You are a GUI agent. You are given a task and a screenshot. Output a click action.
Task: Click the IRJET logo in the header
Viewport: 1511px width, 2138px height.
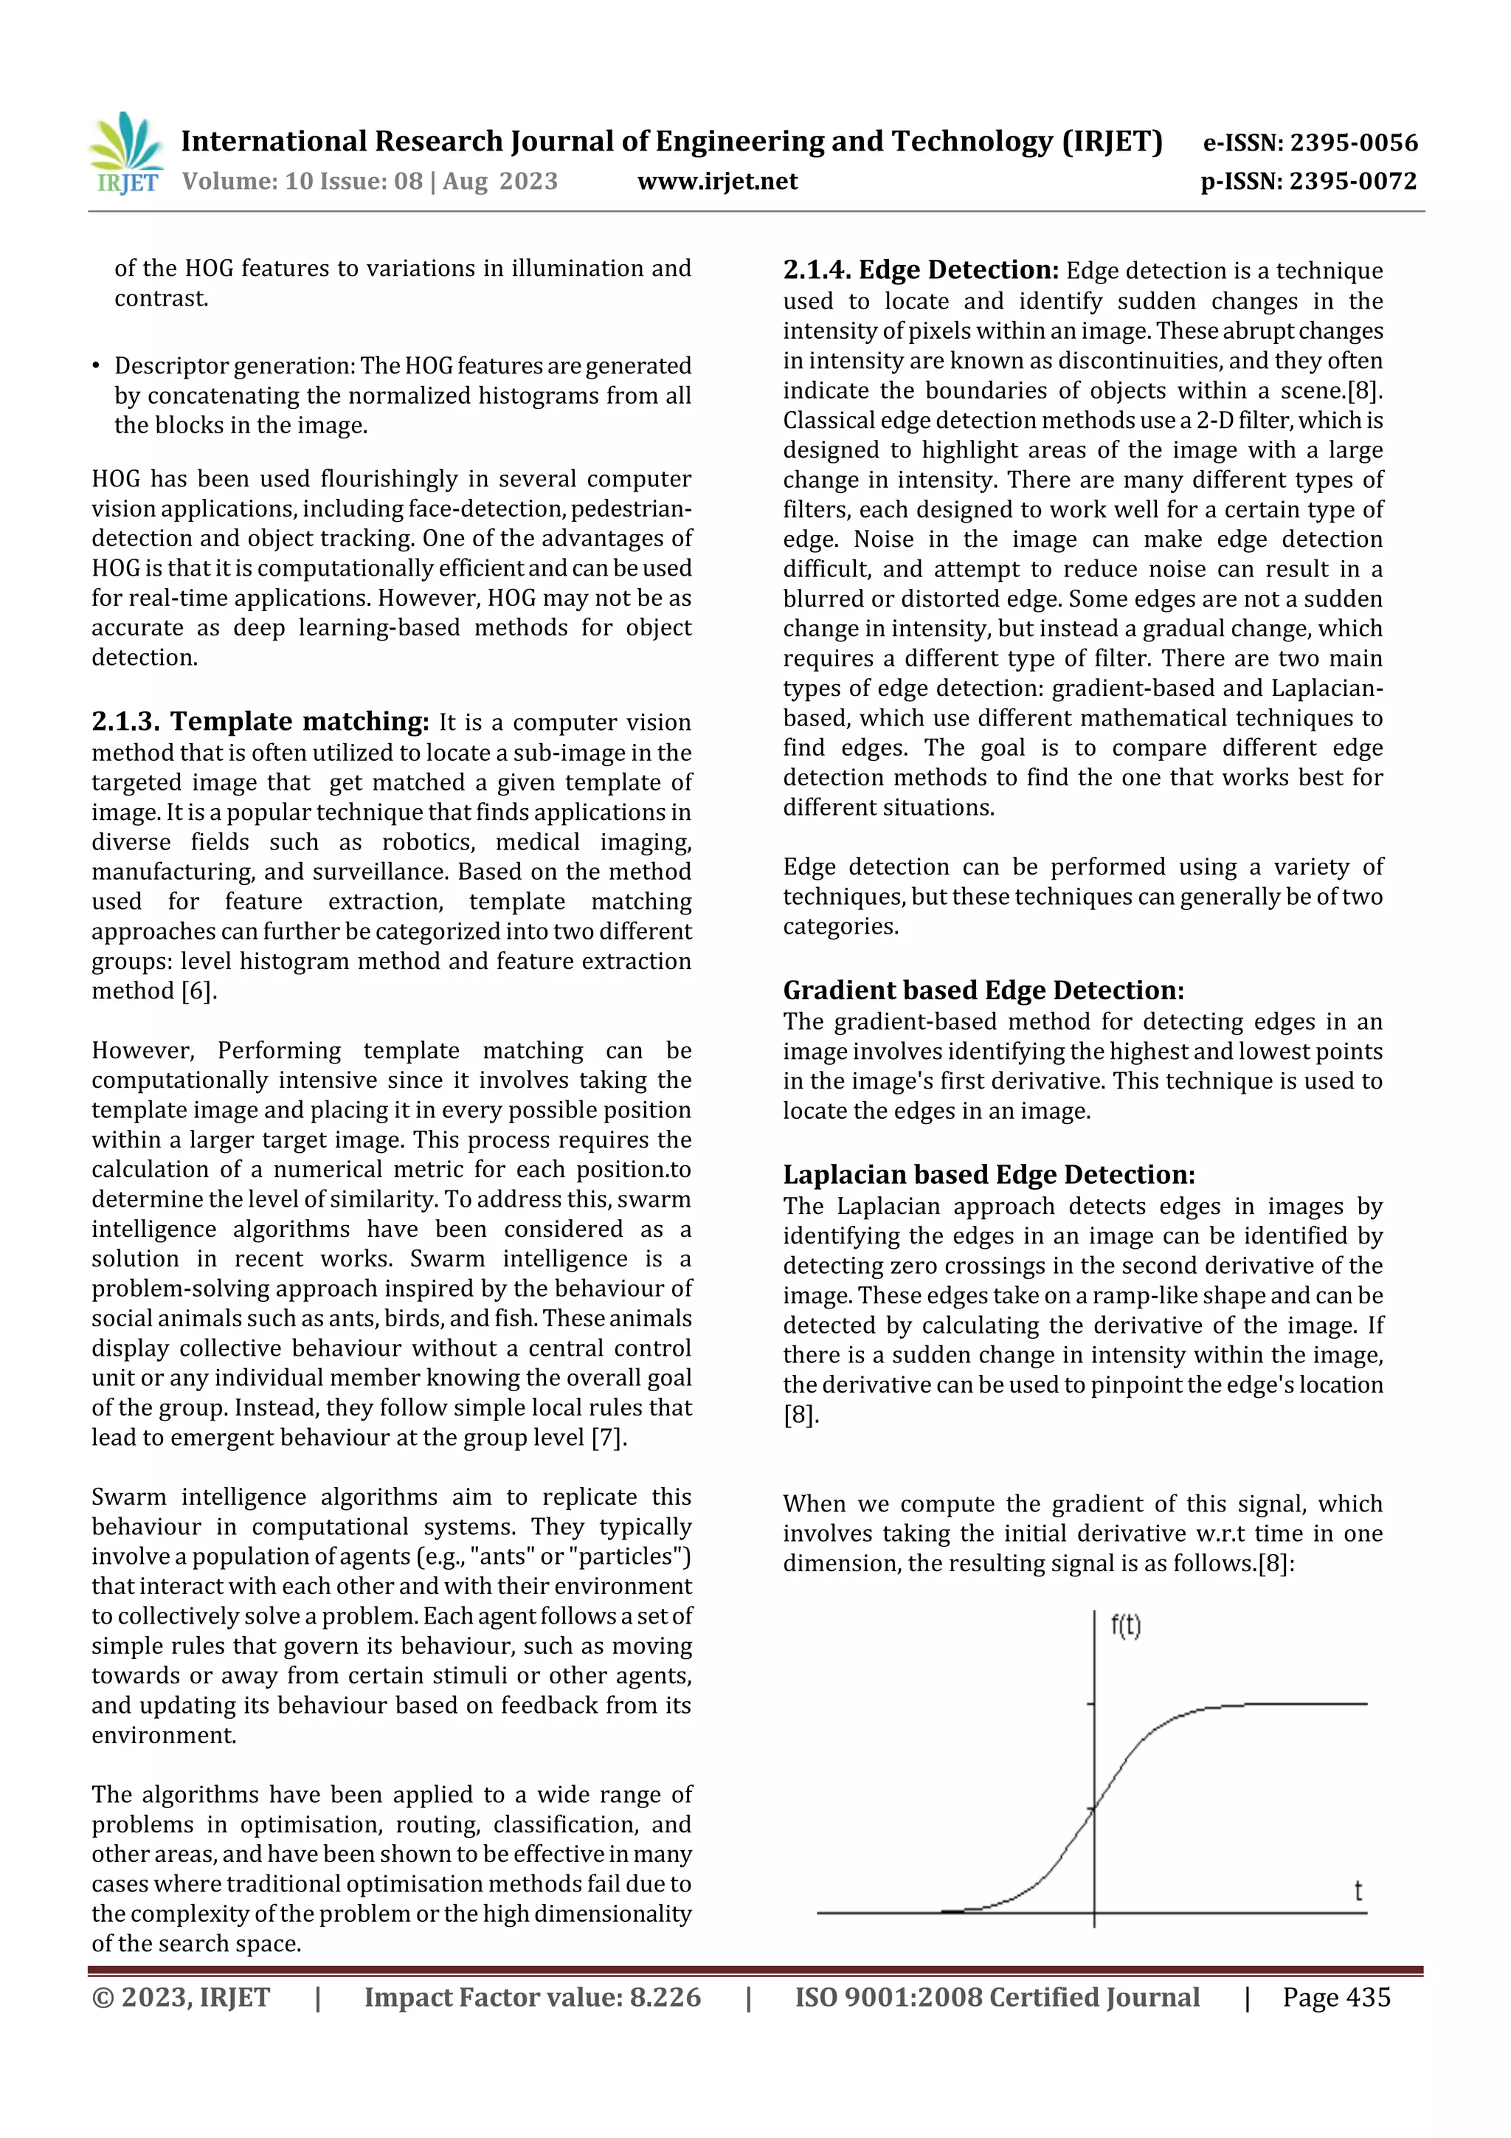click(125, 154)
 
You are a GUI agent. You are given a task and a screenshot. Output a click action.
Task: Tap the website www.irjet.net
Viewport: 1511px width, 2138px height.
click(717, 181)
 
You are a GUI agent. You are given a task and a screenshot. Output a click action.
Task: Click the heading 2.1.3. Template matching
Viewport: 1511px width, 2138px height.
click(260, 721)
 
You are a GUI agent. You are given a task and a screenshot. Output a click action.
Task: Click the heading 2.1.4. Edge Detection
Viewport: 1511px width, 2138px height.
click(920, 270)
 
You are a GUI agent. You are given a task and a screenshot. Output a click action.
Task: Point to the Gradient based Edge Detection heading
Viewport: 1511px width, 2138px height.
click(982, 990)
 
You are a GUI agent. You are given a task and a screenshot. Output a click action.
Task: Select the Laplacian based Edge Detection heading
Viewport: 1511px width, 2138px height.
click(988, 1174)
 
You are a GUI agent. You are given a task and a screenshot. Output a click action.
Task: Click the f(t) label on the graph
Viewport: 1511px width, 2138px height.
click(1126, 1627)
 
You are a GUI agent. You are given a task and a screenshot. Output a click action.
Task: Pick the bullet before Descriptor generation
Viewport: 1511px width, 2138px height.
click(96, 366)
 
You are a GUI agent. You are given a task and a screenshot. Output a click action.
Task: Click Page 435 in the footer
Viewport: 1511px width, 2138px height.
click(1335, 1997)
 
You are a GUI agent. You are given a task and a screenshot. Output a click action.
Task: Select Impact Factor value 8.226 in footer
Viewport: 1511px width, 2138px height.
click(532, 1997)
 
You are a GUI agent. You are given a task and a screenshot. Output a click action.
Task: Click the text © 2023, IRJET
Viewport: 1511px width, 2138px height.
click(181, 1997)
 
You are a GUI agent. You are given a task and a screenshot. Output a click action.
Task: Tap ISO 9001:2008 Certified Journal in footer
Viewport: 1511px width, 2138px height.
click(996, 1997)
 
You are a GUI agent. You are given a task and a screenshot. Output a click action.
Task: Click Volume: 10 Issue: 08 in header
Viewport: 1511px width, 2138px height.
click(302, 181)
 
